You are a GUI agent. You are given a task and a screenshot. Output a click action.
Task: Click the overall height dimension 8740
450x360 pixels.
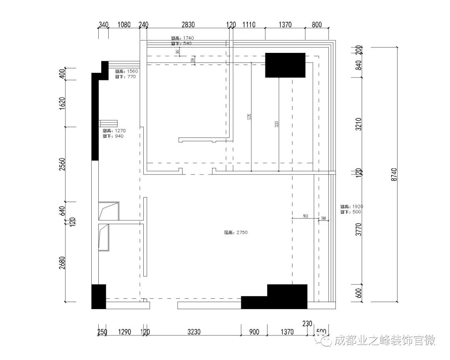coord(394,174)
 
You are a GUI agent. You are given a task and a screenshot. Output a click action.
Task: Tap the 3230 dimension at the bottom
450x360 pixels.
coord(194,332)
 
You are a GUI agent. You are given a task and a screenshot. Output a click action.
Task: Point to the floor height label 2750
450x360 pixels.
coord(236,232)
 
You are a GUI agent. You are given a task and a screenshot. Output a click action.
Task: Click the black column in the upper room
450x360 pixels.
coord(285,65)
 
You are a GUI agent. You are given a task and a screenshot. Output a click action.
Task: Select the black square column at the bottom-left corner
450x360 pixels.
coord(98,297)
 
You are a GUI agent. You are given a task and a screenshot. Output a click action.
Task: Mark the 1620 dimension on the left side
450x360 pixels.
coord(62,103)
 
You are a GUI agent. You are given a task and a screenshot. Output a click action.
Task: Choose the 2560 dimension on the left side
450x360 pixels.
coord(62,164)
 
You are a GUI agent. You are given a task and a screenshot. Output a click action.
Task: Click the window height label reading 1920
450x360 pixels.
coord(351,206)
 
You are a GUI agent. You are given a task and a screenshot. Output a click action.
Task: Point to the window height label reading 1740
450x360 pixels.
coord(182,38)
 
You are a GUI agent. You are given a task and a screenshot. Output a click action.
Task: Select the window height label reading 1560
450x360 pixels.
coord(126,71)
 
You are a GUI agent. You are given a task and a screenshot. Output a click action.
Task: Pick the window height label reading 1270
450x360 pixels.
coord(114,131)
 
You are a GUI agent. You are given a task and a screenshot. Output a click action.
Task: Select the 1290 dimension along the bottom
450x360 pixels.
coord(124,332)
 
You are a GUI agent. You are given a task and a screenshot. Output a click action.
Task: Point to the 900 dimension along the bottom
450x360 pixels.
coord(254,332)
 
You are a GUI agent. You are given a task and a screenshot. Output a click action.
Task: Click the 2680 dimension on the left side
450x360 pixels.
coord(62,262)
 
